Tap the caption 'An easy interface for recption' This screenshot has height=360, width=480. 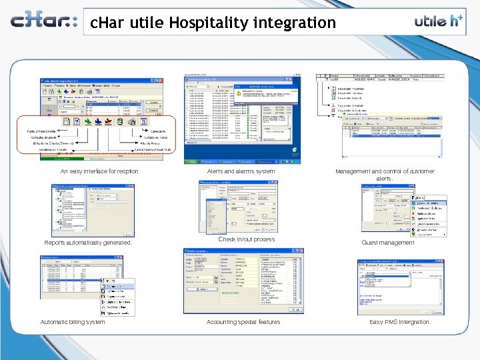[99, 171]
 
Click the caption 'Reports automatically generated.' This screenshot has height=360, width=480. [88, 243]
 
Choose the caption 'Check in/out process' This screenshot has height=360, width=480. [246, 239]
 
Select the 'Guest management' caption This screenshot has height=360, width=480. [388, 243]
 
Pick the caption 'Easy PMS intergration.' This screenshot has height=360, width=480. [400, 322]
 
